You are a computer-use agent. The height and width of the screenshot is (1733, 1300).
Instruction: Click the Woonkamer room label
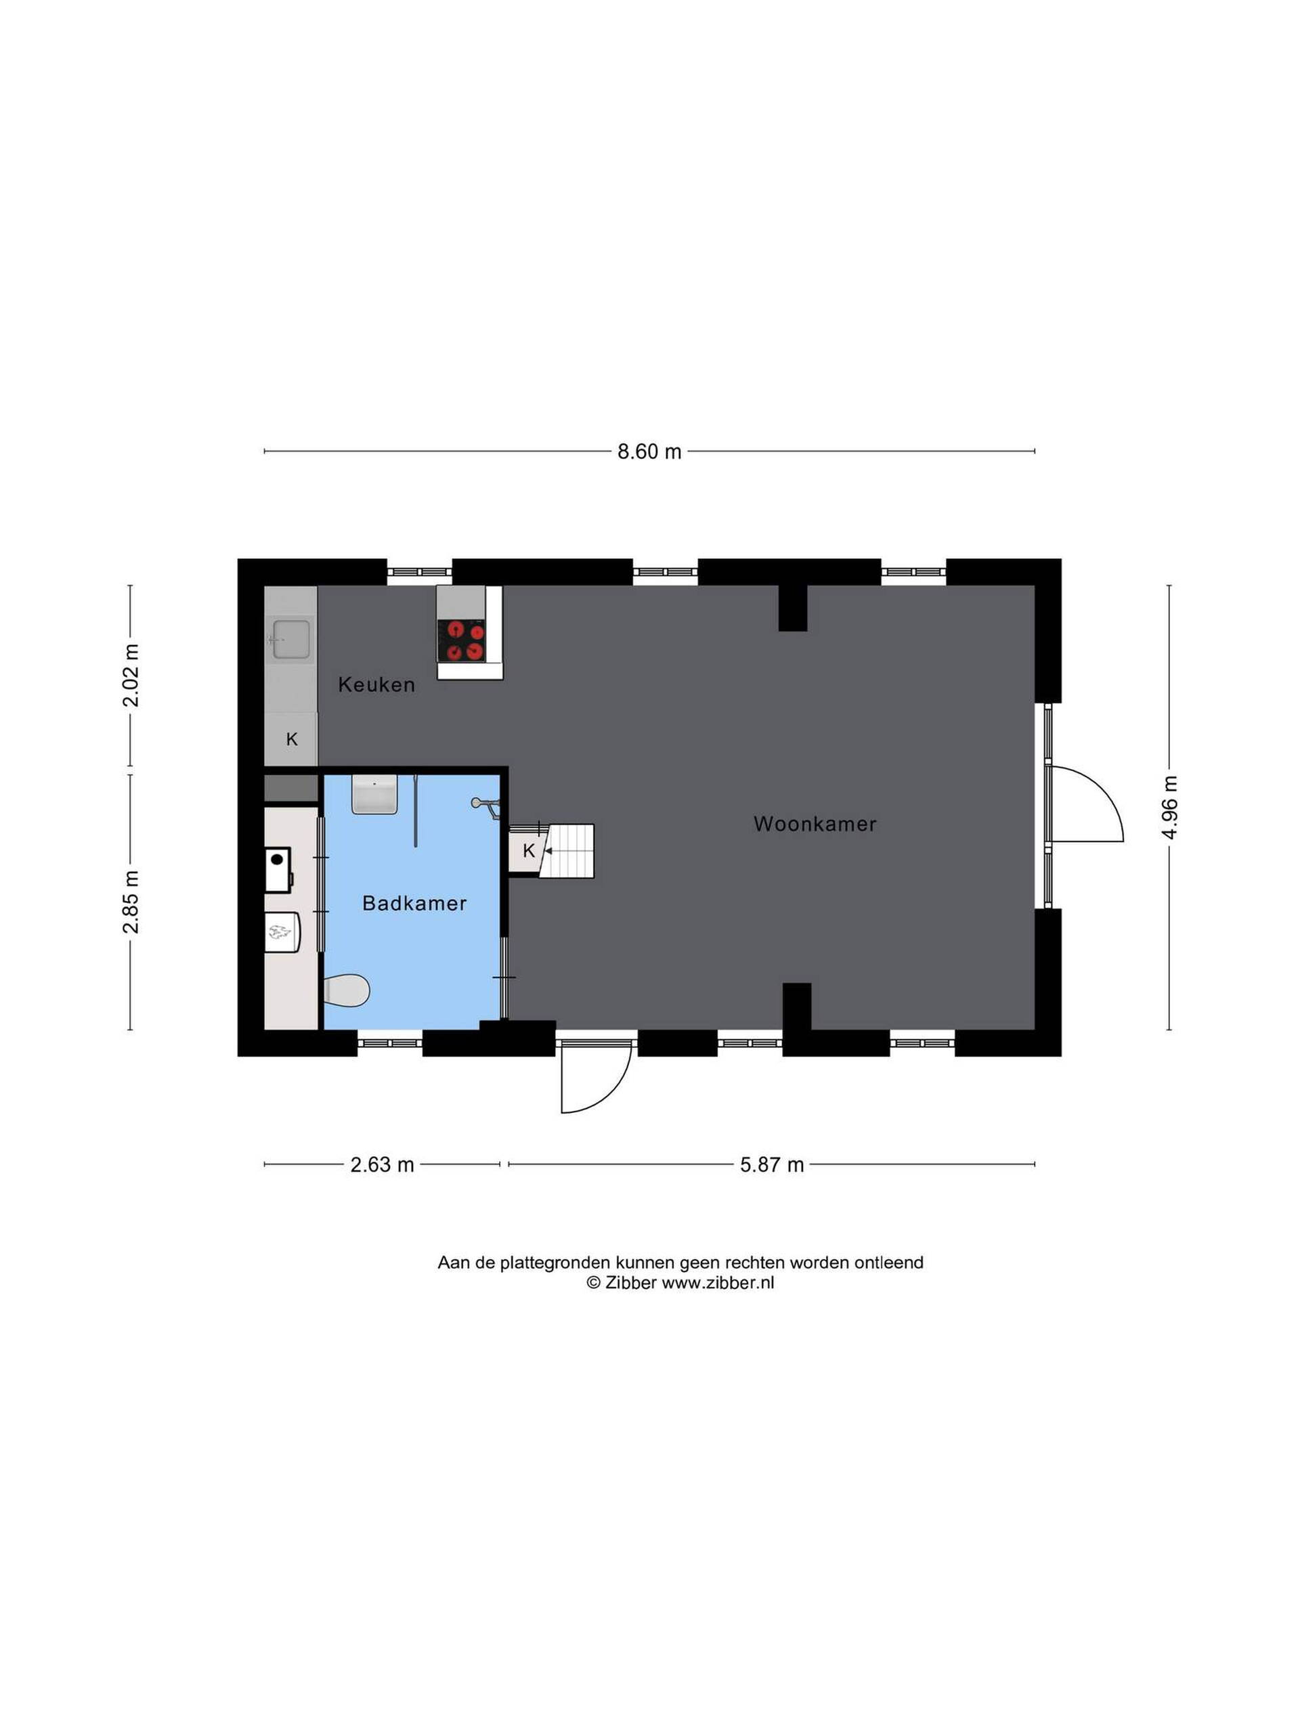point(814,825)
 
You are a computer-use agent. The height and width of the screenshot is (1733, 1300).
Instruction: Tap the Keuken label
point(376,685)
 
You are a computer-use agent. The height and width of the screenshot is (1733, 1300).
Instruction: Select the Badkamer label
point(414,903)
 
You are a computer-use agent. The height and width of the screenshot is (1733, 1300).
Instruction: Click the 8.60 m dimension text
point(649,452)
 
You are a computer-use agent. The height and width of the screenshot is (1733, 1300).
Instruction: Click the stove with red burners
point(462,640)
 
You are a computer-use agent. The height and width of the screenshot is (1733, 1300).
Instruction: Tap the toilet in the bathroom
point(347,991)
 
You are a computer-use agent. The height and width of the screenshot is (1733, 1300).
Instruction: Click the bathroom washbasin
point(374,795)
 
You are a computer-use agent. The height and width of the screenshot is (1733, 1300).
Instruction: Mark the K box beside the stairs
point(528,851)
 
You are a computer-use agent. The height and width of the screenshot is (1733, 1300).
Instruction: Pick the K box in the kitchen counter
point(292,739)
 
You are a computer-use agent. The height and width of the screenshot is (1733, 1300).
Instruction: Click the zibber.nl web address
point(718,1283)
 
